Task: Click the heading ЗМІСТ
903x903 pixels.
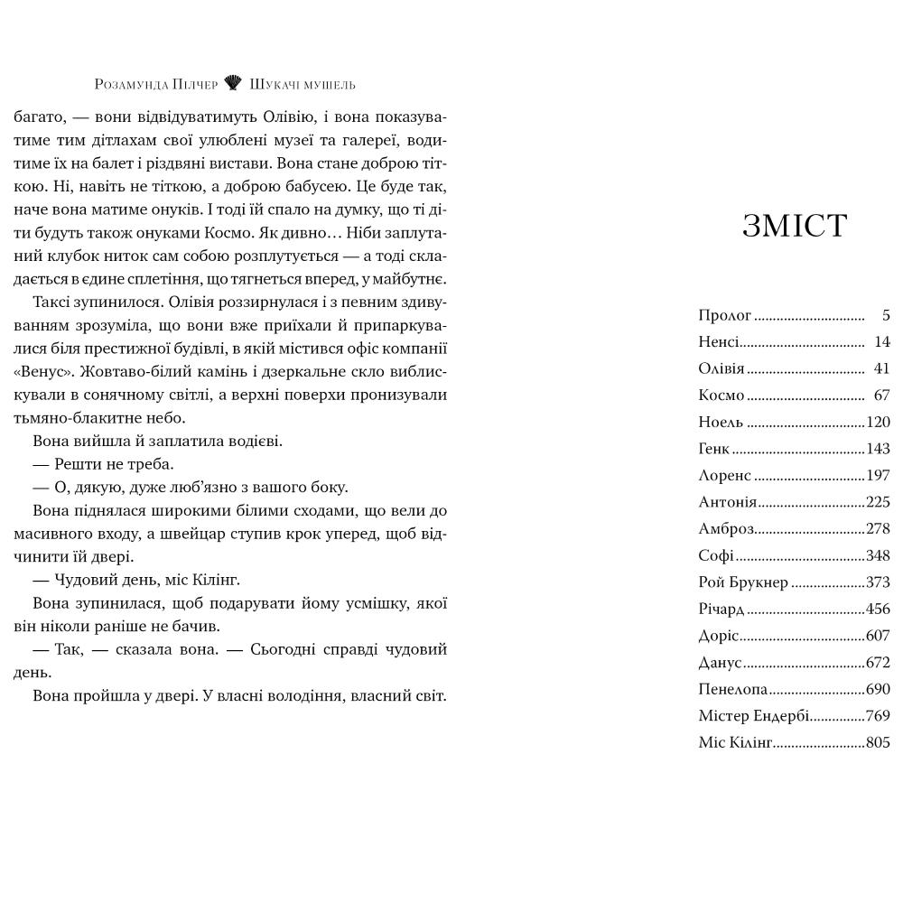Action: (x=795, y=226)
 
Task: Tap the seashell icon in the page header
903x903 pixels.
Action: (x=233, y=84)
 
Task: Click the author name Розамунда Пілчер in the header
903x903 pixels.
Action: (x=156, y=85)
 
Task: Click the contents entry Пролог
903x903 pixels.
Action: (x=725, y=315)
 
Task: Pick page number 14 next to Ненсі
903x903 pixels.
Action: (x=882, y=342)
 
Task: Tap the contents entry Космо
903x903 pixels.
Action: (x=721, y=396)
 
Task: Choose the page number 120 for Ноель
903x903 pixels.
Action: (x=878, y=423)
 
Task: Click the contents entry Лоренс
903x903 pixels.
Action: (x=725, y=476)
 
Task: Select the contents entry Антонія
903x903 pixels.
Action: (x=728, y=502)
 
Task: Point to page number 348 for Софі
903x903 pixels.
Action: (x=878, y=555)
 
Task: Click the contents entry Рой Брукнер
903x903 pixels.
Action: (x=743, y=582)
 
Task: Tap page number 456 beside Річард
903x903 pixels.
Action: (x=878, y=609)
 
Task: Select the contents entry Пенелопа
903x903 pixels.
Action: (x=733, y=689)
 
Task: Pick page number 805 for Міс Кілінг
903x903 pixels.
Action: (x=878, y=742)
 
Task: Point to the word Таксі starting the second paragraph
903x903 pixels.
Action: (x=52, y=303)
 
